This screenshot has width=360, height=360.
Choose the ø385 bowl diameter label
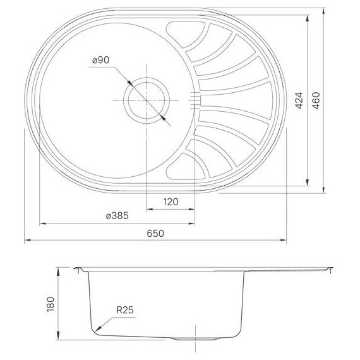117,215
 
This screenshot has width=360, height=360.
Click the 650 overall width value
155,233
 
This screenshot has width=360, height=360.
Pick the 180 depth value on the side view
51,304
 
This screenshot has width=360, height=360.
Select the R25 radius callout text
124,310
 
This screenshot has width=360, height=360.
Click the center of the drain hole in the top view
147,100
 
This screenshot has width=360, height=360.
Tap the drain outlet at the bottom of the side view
188,339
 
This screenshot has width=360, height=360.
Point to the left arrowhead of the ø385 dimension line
42,223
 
